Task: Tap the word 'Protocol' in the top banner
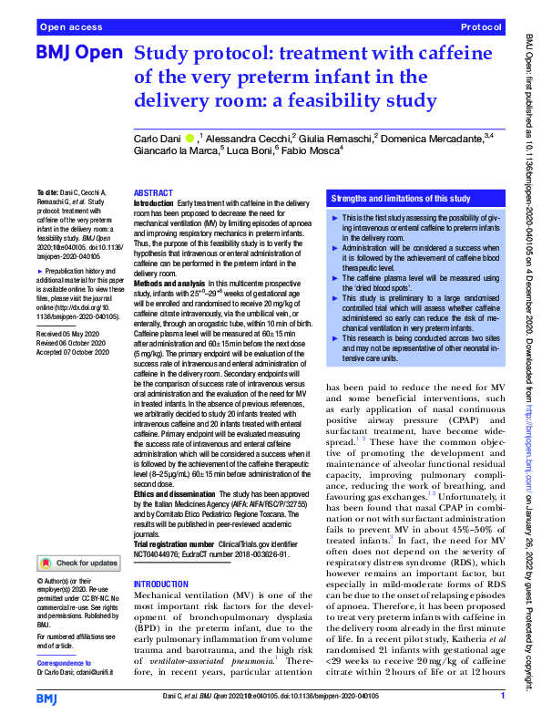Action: click(480, 27)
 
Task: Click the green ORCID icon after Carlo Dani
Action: click(189, 136)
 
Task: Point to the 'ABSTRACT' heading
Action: click(153, 194)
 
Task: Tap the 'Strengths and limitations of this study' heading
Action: click(401, 198)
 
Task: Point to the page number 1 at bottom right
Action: click(503, 696)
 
